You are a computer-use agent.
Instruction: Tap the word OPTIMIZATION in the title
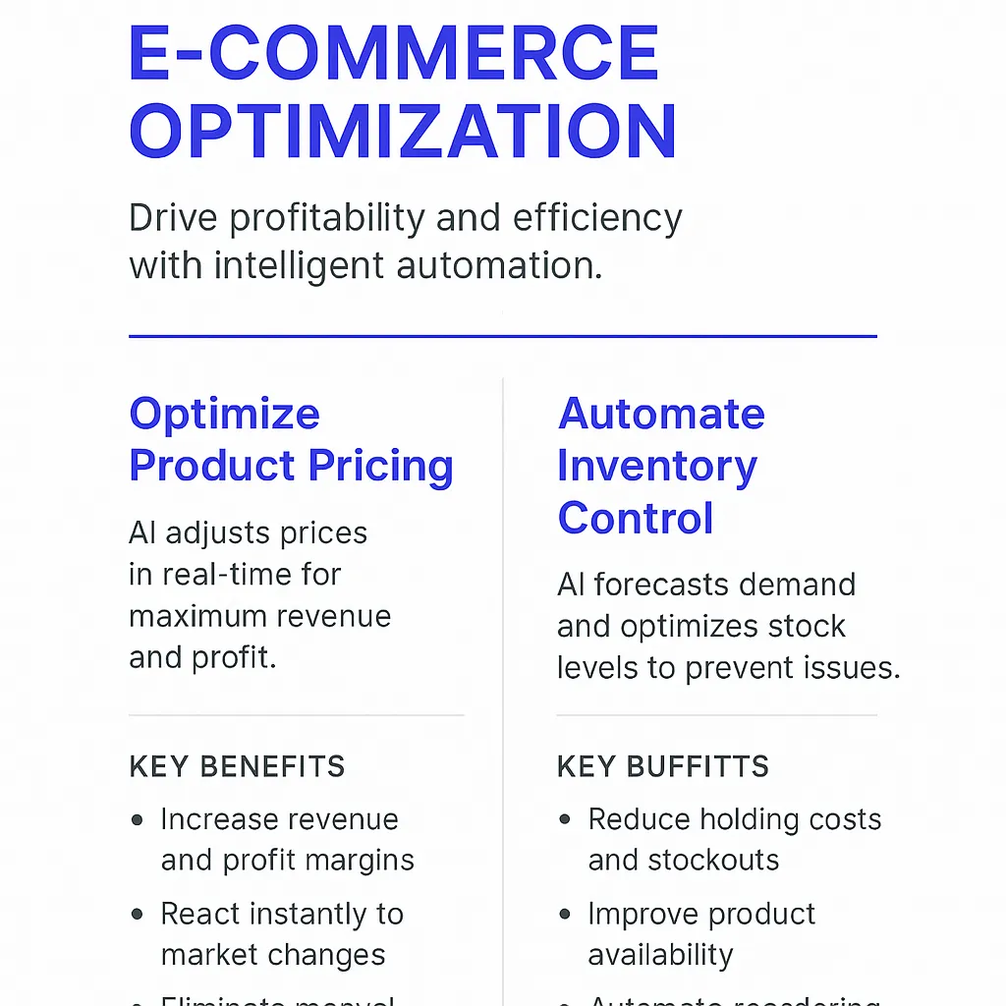point(403,131)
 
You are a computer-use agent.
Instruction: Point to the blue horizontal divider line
point(502,336)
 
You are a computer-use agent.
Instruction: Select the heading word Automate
point(661,414)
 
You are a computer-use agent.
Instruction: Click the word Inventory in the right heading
point(656,466)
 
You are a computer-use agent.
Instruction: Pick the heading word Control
point(635,518)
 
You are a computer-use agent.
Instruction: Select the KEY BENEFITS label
point(237,766)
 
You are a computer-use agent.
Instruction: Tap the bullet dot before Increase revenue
point(138,819)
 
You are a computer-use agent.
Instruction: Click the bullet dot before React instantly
point(138,915)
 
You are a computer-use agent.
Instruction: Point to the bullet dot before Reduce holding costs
point(565,819)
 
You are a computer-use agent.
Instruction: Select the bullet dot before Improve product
point(565,915)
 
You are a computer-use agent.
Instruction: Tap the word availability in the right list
point(660,955)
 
